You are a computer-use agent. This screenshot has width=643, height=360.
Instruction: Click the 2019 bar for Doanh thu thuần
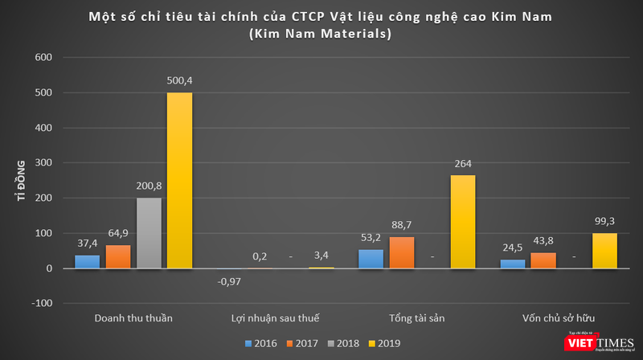point(179,180)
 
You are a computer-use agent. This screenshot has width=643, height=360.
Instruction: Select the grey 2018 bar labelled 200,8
point(149,233)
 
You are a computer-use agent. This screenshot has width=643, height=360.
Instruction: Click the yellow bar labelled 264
point(462,222)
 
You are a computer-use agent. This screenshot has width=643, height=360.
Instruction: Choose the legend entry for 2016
point(262,343)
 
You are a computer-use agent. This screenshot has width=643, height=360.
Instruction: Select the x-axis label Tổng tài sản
point(416,318)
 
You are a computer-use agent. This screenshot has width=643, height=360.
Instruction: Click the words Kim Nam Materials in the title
point(321,35)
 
